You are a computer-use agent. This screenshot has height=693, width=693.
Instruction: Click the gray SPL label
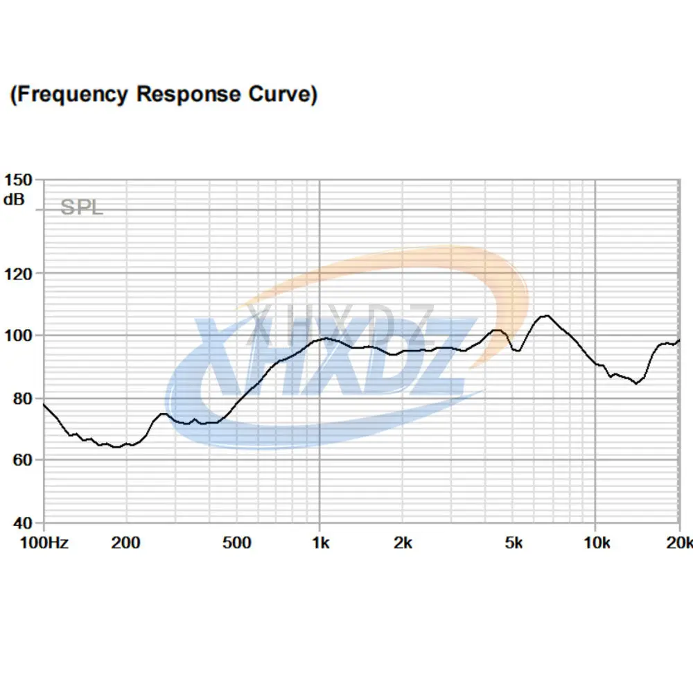tap(82, 207)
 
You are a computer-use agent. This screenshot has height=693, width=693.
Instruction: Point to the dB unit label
tap(13, 200)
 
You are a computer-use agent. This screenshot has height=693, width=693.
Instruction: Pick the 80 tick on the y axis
tap(20, 398)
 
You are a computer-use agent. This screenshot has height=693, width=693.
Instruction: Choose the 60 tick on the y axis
tap(20, 460)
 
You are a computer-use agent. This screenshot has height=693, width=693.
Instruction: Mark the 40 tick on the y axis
tap(20, 523)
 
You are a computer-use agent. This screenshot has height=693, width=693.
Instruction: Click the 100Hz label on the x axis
tap(43, 543)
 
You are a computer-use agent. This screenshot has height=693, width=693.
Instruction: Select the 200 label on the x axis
tap(126, 543)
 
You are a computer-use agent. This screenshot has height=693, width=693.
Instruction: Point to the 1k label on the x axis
tap(319, 543)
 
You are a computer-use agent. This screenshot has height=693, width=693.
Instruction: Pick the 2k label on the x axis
tap(403, 543)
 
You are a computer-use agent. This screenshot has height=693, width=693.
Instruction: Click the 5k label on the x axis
tap(513, 543)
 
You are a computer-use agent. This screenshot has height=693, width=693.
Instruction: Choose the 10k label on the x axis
tap(595, 543)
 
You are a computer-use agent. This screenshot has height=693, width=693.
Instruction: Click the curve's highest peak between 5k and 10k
tap(546, 316)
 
